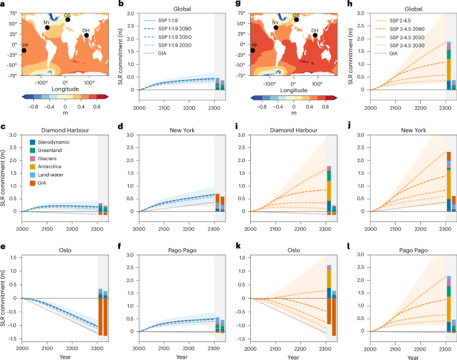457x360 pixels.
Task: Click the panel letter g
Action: coord(232,4)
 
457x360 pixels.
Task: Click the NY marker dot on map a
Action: coord(47,27)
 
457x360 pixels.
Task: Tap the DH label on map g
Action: coord(314,30)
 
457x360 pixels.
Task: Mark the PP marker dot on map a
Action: coord(24,51)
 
